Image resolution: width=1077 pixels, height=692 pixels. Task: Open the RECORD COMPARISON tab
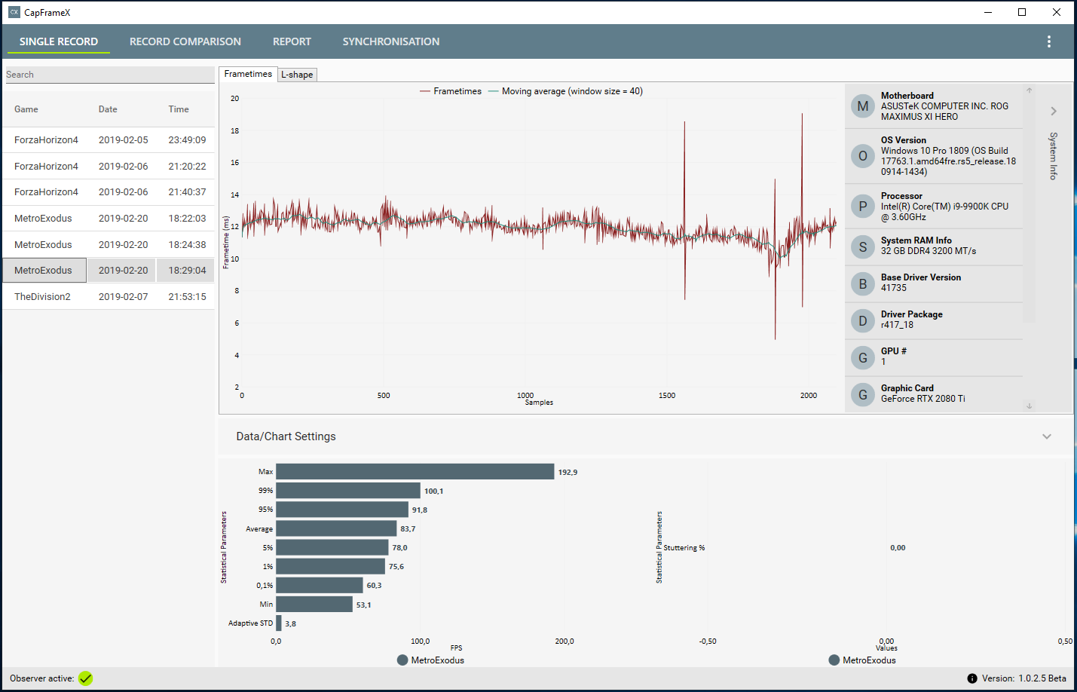[185, 41]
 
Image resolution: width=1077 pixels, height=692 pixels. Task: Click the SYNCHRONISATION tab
[390, 41]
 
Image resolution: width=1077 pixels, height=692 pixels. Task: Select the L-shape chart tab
[297, 75]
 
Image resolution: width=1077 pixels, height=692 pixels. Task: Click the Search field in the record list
[109, 75]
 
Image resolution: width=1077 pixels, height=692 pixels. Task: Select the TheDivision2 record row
[42, 297]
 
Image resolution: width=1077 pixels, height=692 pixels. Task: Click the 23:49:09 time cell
[187, 140]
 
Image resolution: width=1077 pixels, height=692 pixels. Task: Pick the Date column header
[108, 109]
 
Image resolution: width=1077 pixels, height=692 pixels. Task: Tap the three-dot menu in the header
[1048, 41]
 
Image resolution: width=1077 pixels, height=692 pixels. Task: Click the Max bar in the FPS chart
[415, 472]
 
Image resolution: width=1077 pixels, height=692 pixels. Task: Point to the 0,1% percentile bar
[320, 585]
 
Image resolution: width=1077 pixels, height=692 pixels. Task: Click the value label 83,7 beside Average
[408, 529]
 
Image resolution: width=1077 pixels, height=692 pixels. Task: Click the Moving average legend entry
[571, 91]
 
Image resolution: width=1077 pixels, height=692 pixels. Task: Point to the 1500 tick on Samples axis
[667, 395]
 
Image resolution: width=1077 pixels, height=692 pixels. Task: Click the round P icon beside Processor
[863, 207]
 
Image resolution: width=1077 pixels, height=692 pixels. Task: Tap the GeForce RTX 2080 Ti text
[922, 399]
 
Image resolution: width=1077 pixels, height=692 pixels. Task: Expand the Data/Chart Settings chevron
[1046, 436]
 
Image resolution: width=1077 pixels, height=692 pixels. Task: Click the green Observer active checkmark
[86, 678]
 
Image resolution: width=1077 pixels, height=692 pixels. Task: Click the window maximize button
[1022, 12]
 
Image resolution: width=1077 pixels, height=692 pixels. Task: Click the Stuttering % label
[684, 548]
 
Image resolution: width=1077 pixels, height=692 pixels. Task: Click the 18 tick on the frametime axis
[235, 131]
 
